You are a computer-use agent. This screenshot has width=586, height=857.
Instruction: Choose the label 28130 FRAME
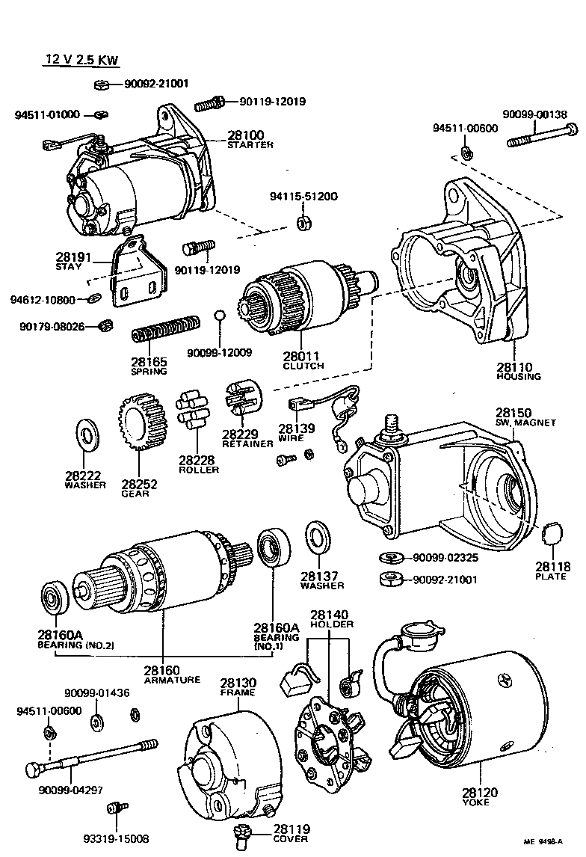coord(238,687)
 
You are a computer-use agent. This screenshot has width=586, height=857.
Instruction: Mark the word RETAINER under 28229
coord(247,443)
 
